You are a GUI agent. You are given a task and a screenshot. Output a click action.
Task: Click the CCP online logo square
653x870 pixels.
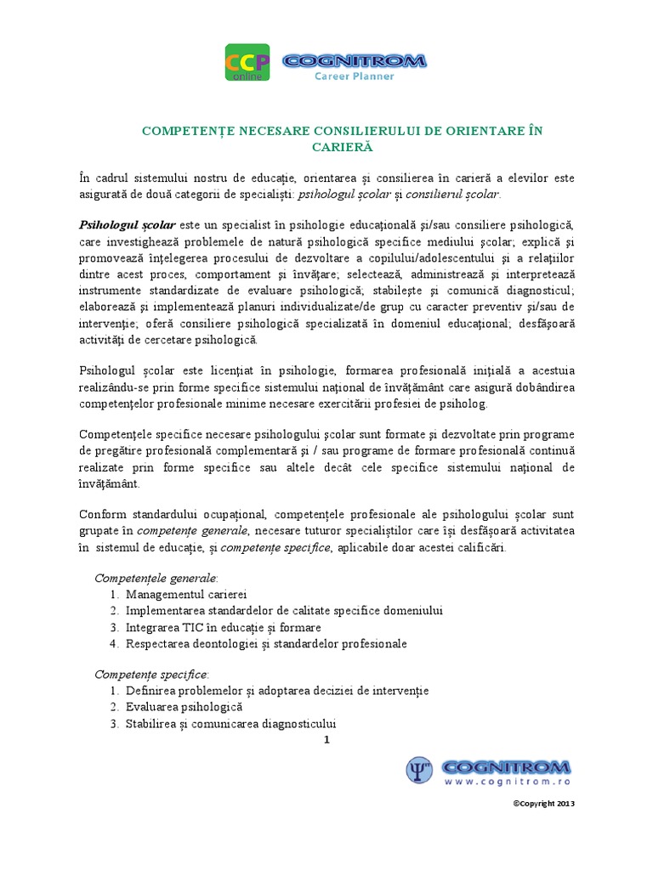coord(247,64)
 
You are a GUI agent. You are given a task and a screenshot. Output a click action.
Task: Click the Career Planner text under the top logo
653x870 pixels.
coord(363,76)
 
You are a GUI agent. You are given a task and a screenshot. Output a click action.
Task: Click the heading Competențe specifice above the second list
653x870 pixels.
coord(151,674)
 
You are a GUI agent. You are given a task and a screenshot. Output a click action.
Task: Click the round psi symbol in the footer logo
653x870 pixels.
coord(419,770)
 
